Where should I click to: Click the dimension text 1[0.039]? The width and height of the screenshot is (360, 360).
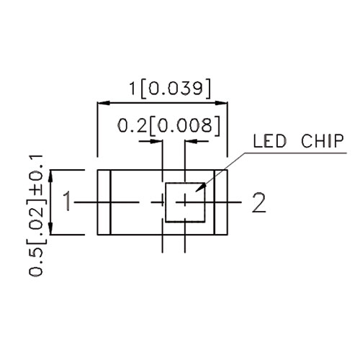pos(170,89)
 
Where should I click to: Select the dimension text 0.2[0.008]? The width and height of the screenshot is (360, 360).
pos(168,125)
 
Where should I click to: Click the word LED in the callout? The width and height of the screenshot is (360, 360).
pos(270,141)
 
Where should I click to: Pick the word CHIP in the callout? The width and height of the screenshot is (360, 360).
pos(323,141)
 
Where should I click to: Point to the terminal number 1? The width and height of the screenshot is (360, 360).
pos(67,201)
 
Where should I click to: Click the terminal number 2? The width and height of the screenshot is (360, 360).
pos(259,202)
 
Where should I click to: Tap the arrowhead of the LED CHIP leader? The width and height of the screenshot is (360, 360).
pos(201,187)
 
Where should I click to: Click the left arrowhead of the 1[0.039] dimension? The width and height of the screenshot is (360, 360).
pos(103,103)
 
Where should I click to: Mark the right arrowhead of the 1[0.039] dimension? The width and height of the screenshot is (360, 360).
pos(221,103)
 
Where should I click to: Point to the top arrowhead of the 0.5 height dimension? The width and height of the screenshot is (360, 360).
pos(50,176)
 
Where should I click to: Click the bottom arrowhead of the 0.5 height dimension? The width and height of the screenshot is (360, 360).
pos(50,228)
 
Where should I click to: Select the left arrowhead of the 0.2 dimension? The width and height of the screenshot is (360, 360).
pos(156,141)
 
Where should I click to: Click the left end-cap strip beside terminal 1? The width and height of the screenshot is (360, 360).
pos(104,202)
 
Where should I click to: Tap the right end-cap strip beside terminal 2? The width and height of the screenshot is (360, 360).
pos(221,202)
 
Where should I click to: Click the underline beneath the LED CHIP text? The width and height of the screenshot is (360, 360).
pos(296,153)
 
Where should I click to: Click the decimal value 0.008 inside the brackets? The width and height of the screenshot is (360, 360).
pos(185,125)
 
